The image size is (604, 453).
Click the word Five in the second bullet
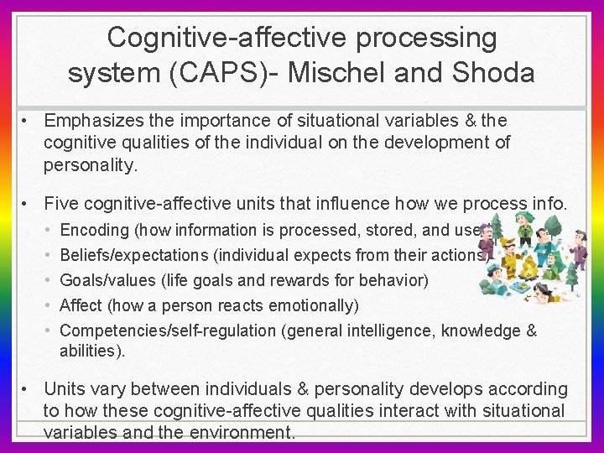point(61,202)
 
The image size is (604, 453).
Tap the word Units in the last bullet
point(65,389)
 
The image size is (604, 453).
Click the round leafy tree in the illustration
point(553,225)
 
